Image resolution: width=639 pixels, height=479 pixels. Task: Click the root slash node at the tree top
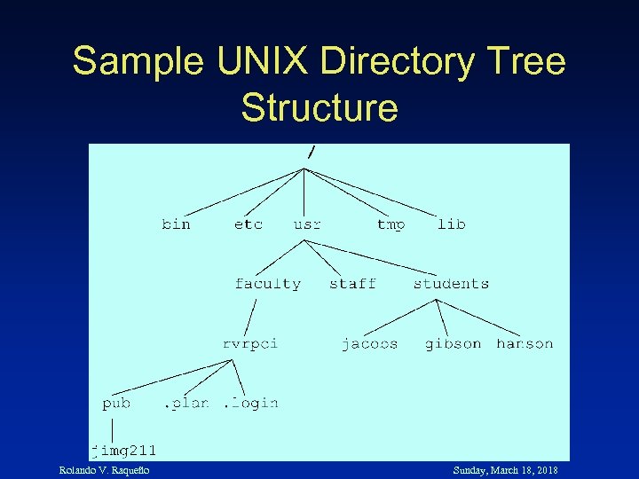tap(311, 152)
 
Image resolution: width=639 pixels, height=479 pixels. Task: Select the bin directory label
tap(176, 224)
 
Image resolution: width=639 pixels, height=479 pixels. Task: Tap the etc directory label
tap(248, 224)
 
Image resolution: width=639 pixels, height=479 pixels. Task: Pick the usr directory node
tap(307, 224)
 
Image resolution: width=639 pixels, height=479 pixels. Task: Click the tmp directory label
tap(390, 224)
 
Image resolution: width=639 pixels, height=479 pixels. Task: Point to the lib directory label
tap(451, 224)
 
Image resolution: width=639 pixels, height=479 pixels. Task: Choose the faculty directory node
tap(268, 284)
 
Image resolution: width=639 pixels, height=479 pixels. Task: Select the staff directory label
tap(352, 284)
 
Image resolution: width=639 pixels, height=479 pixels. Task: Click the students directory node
tap(451, 284)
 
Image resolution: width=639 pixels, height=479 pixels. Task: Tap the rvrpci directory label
tap(249, 343)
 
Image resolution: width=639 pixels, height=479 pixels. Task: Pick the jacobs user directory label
tap(370, 343)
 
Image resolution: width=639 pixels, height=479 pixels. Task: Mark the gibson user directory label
tap(453, 343)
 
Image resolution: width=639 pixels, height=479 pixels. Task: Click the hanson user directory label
tap(525, 343)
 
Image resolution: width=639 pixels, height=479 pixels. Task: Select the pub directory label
tap(116, 404)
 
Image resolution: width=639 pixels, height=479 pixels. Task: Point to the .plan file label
tap(186, 404)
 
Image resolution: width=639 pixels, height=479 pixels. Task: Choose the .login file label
tap(250, 404)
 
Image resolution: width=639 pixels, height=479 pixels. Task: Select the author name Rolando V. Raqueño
tap(104, 470)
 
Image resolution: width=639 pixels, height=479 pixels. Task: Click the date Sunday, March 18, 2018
tap(505, 470)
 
